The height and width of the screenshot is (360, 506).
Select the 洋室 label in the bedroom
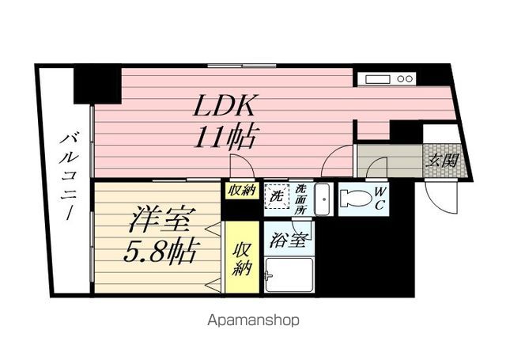(x=158, y=219)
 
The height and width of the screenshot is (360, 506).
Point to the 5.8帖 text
(x=160, y=251)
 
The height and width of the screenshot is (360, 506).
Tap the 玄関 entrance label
(x=442, y=159)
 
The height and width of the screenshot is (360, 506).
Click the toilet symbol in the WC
(x=356, y=199)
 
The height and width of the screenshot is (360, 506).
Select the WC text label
(x=379, y=198)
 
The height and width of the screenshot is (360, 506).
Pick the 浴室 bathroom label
(x=287, y=239)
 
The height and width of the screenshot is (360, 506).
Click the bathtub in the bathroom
(x=289, y=275)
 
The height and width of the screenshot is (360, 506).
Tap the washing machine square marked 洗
(x=277, y=195)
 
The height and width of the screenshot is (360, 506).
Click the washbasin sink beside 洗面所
(x=322, y=199)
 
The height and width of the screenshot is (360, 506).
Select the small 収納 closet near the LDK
(x=242, y=191)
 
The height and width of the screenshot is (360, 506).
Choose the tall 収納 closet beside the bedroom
(x=242, y=257)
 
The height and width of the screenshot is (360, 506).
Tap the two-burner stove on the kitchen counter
(x=405, y=79)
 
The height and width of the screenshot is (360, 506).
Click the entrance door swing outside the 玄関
(x=441, y=198)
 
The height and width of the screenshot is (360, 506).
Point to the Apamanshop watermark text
(x=253, y=320)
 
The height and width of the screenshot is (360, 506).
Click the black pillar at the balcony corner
(x=97, y=85)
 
